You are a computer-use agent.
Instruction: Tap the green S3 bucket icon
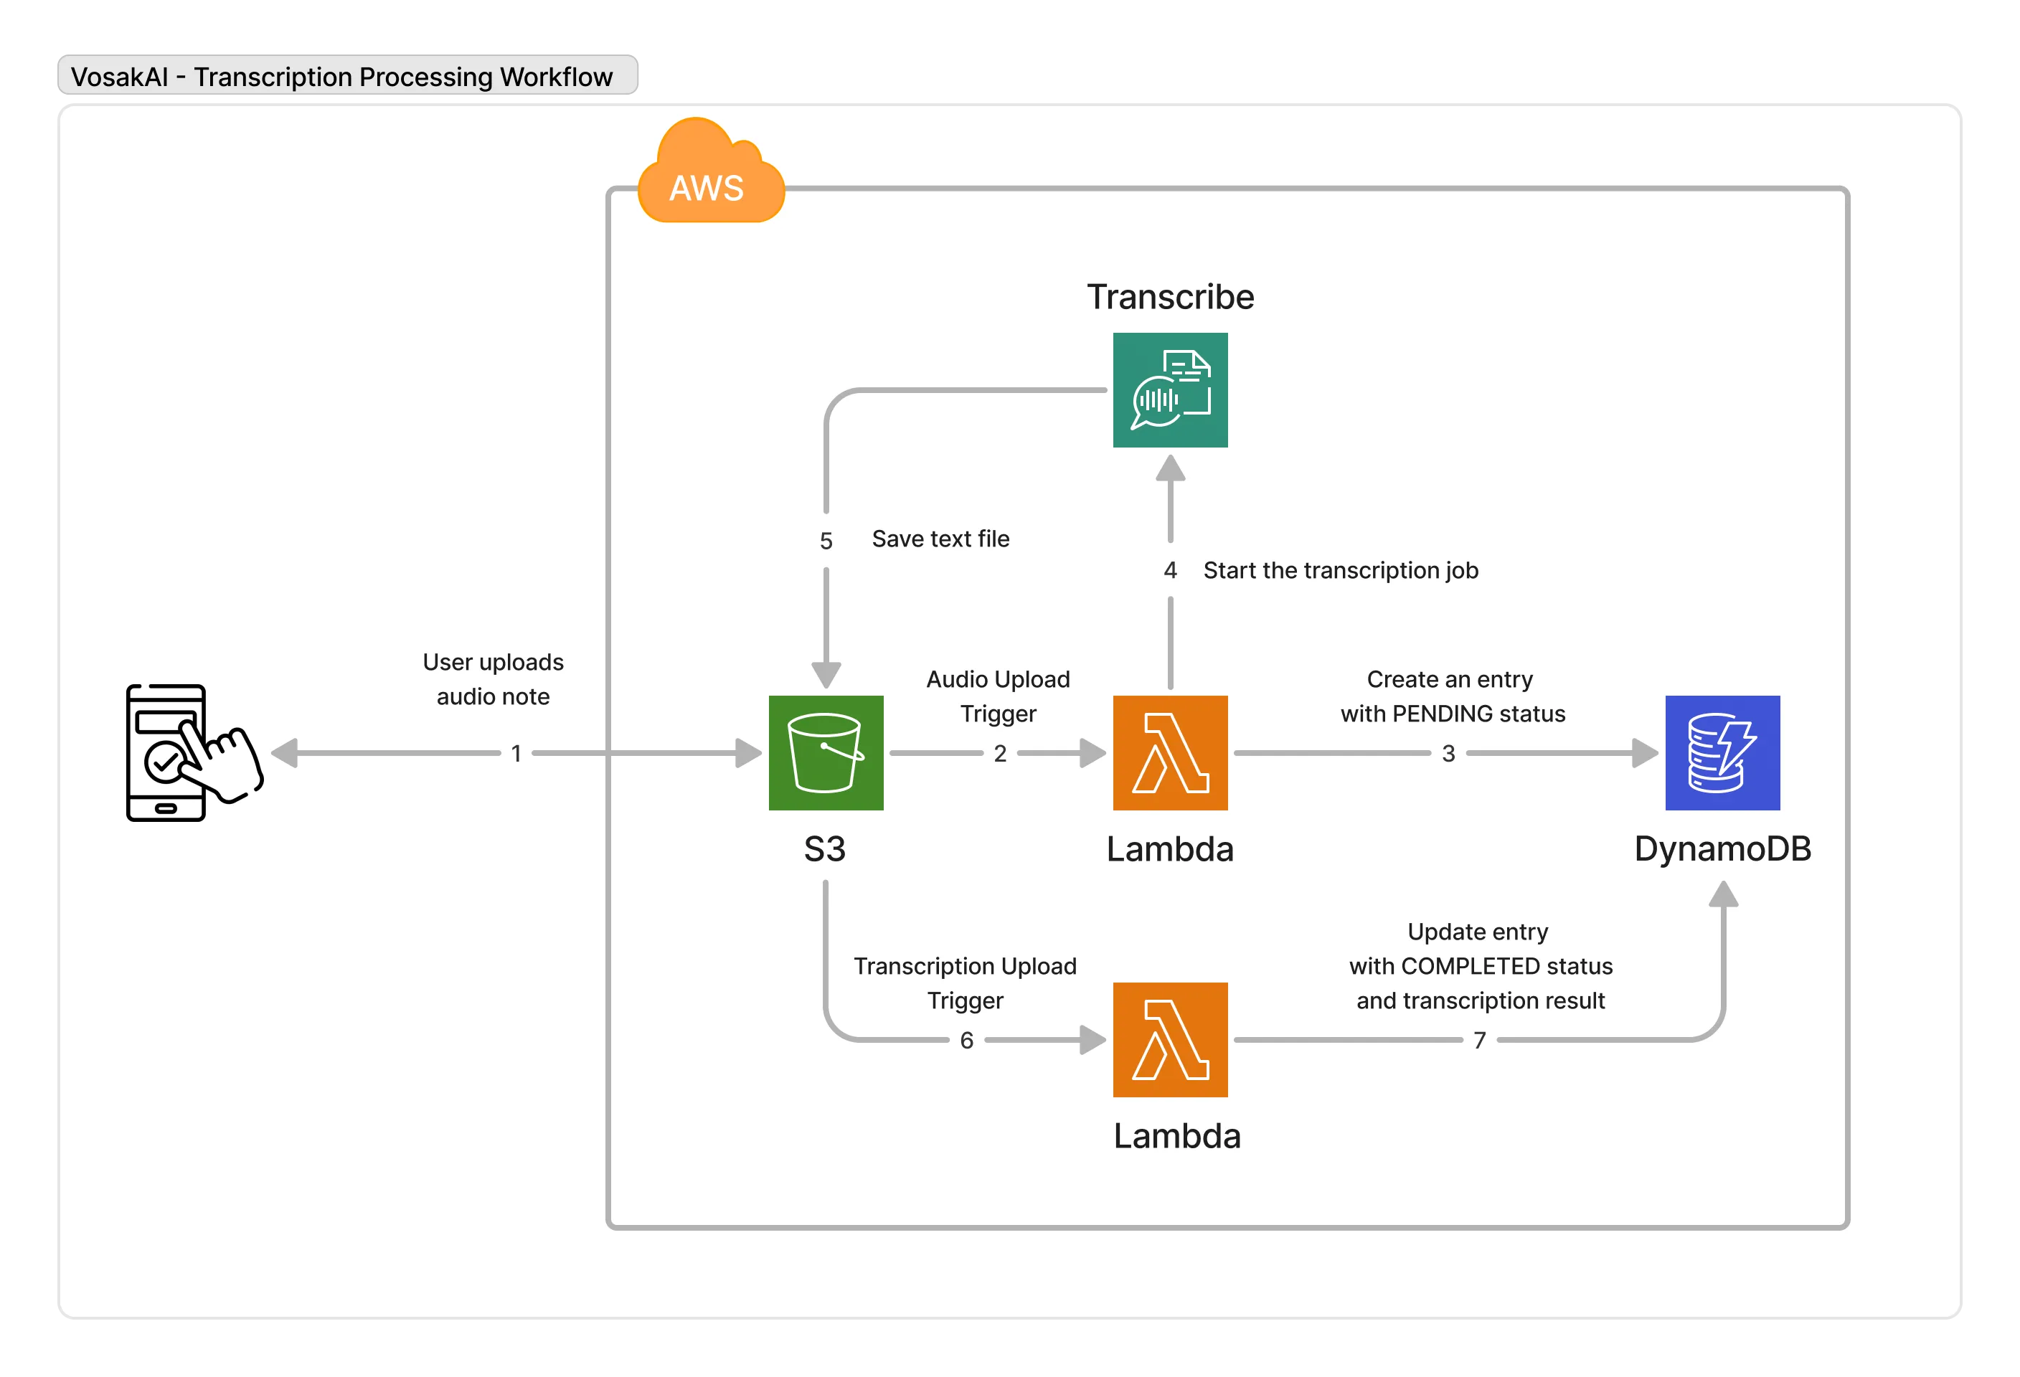pyautogui.click(x=826, y=752)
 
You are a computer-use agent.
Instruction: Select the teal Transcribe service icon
pyautogui.click(x=1170, y=390)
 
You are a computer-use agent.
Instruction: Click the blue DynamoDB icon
pyautogui.click(x=1722, y=752)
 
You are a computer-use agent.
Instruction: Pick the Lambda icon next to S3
pyautogui.click(x=1170, y=752)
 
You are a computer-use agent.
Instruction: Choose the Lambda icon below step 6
pyautogui.click(x=1170, y=1039)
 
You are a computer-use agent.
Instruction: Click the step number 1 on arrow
pyautogui.click(x=516, y=753)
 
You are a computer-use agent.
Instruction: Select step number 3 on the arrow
pyautogui.click(x=1448, y=753)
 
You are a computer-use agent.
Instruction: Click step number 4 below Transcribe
pyautogui.click(x=1170, y=570)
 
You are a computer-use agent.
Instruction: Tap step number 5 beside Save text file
pyautogui.click(x=826, y=541)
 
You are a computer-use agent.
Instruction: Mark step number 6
pyautogui.click(x=966, y=1040)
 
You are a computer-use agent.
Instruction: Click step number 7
pyautogui.click(x=1479, y=1040)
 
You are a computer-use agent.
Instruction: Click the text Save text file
pyautogui.click(x=940, y=539)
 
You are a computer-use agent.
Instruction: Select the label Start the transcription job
pyautogui.click(x=1340, y=570)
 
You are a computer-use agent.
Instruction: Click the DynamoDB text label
pyautogui.click(x=1722, y=848)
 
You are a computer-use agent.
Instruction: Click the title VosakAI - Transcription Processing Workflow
pyautogui.click(x=341, y=77)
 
